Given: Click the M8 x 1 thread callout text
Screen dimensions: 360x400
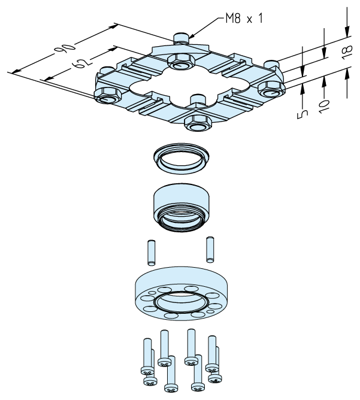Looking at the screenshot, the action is [x=244, y=19].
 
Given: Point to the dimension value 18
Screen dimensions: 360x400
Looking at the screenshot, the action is [x=347, y=52].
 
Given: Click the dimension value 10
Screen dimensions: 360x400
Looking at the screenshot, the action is [x=324, y=106].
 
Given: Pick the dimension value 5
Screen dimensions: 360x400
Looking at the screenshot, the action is [x=302, y=114].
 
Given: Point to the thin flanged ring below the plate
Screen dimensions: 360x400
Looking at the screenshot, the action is [x=181, y=159].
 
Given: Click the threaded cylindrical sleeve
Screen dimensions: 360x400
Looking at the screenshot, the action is [x=181, y=207].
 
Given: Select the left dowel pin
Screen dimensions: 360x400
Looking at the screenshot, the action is [x=152, y=252].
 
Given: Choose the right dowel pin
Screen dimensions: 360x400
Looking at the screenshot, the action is [x=210, y=249].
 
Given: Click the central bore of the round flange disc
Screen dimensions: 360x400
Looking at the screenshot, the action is [x=181, y=302].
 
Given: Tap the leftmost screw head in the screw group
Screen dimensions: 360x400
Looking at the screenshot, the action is [x=147, y=370].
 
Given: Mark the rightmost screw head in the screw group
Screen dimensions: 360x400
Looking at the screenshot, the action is [x=215, y=378].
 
